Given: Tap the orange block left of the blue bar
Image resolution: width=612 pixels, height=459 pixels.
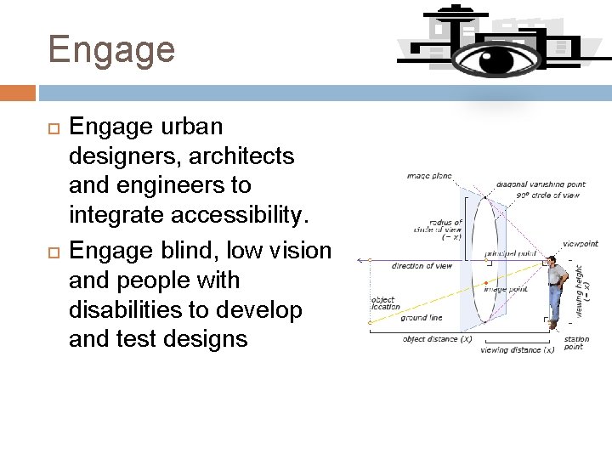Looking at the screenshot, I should [17, 92].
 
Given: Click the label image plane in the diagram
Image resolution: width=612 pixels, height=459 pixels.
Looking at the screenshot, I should [429, 177].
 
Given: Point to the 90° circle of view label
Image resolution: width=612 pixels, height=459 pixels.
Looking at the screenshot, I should [547, 195].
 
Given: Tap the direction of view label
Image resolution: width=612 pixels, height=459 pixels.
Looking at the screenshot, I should [422, 266].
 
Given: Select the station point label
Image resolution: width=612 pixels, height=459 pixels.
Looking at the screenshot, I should [576, 343].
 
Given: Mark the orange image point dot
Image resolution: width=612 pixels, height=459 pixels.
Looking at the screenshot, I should [486, 281].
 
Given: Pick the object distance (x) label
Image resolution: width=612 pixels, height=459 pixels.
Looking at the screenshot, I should [437, 339].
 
